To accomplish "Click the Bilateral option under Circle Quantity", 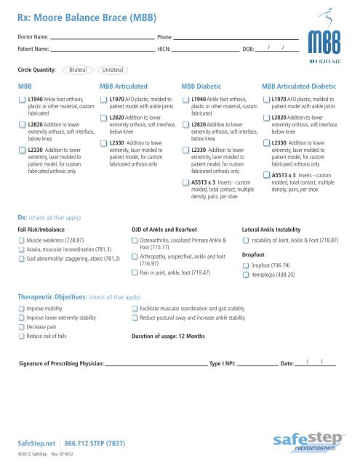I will (77, 70).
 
